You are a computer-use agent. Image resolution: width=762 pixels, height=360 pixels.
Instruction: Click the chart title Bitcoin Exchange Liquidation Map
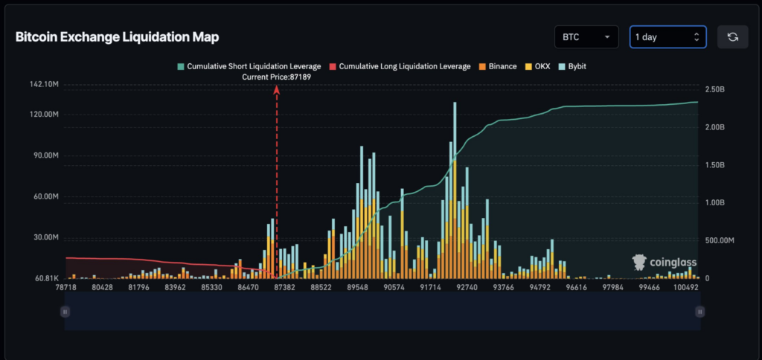tap(117, 36)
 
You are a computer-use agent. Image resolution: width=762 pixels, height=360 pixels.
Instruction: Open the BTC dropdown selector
tap(586, 36)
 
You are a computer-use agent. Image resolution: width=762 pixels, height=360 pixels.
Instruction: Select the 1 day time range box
tap(667, 36)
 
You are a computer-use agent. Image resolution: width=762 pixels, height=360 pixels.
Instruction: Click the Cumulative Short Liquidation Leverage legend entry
tap(249, 66)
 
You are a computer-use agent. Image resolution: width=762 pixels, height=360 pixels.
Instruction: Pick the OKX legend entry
tap(537, 66)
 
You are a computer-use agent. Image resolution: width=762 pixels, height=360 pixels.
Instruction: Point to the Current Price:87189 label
tap(277, 77)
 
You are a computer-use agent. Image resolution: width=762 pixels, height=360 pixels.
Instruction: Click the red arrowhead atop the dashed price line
tap(277, 89)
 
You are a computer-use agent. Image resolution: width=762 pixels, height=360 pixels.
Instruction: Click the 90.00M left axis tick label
tap(45, 156)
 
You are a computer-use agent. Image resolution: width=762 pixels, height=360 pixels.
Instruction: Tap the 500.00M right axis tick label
tap(721, 240)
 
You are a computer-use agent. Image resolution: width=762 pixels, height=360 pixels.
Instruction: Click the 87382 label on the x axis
tap(285, 287)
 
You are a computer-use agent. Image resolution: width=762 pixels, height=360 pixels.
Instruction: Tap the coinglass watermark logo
tap(663, 263)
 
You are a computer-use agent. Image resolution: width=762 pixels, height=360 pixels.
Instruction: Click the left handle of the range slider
tap(65, 312)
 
